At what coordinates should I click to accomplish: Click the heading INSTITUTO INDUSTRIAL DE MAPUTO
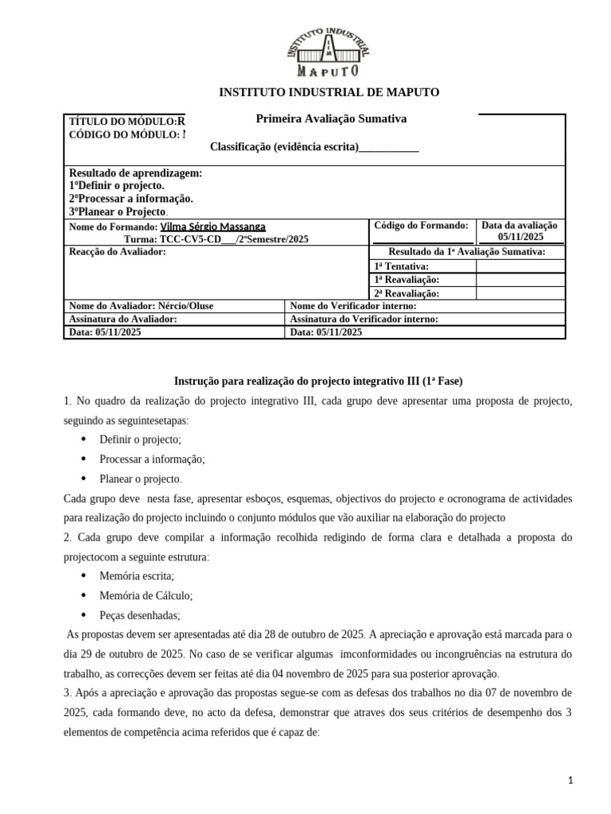pyautogui.click(x=329, y=92)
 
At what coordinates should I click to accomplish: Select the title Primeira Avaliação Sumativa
pyautogui.click(x=331, y=118)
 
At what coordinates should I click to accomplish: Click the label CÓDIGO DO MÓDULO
pyautogui.click(x=123, y=135)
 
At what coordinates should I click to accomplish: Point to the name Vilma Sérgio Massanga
pyautogui.click(x=213, y=227)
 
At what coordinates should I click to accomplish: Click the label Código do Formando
pyautogui.click(x=422, y=226)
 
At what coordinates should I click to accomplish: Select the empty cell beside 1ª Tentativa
pyautogui.click(x=520, y=266)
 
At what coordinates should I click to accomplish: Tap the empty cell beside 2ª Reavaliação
pyautogui.click(x=520, y=293)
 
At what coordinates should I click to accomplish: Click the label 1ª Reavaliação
pyautogui.click(x=406, y=280)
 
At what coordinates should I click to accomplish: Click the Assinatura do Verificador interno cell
pyautogui.click(x=364, y=320)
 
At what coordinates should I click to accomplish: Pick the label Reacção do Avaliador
pyautogui.click(x=118, y=252)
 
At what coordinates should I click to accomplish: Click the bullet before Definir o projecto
pyautogui.click(x=84, y=440)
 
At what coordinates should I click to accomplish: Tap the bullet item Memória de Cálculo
pyautogui.click(x=146, y=595)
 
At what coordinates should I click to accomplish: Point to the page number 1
pyautogui.click(x=571, y=781)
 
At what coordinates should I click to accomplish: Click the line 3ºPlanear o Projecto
pyautogui.click(x=119, y=212)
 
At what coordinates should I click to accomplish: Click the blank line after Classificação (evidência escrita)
pyautogui.click(x=389, y=147)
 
